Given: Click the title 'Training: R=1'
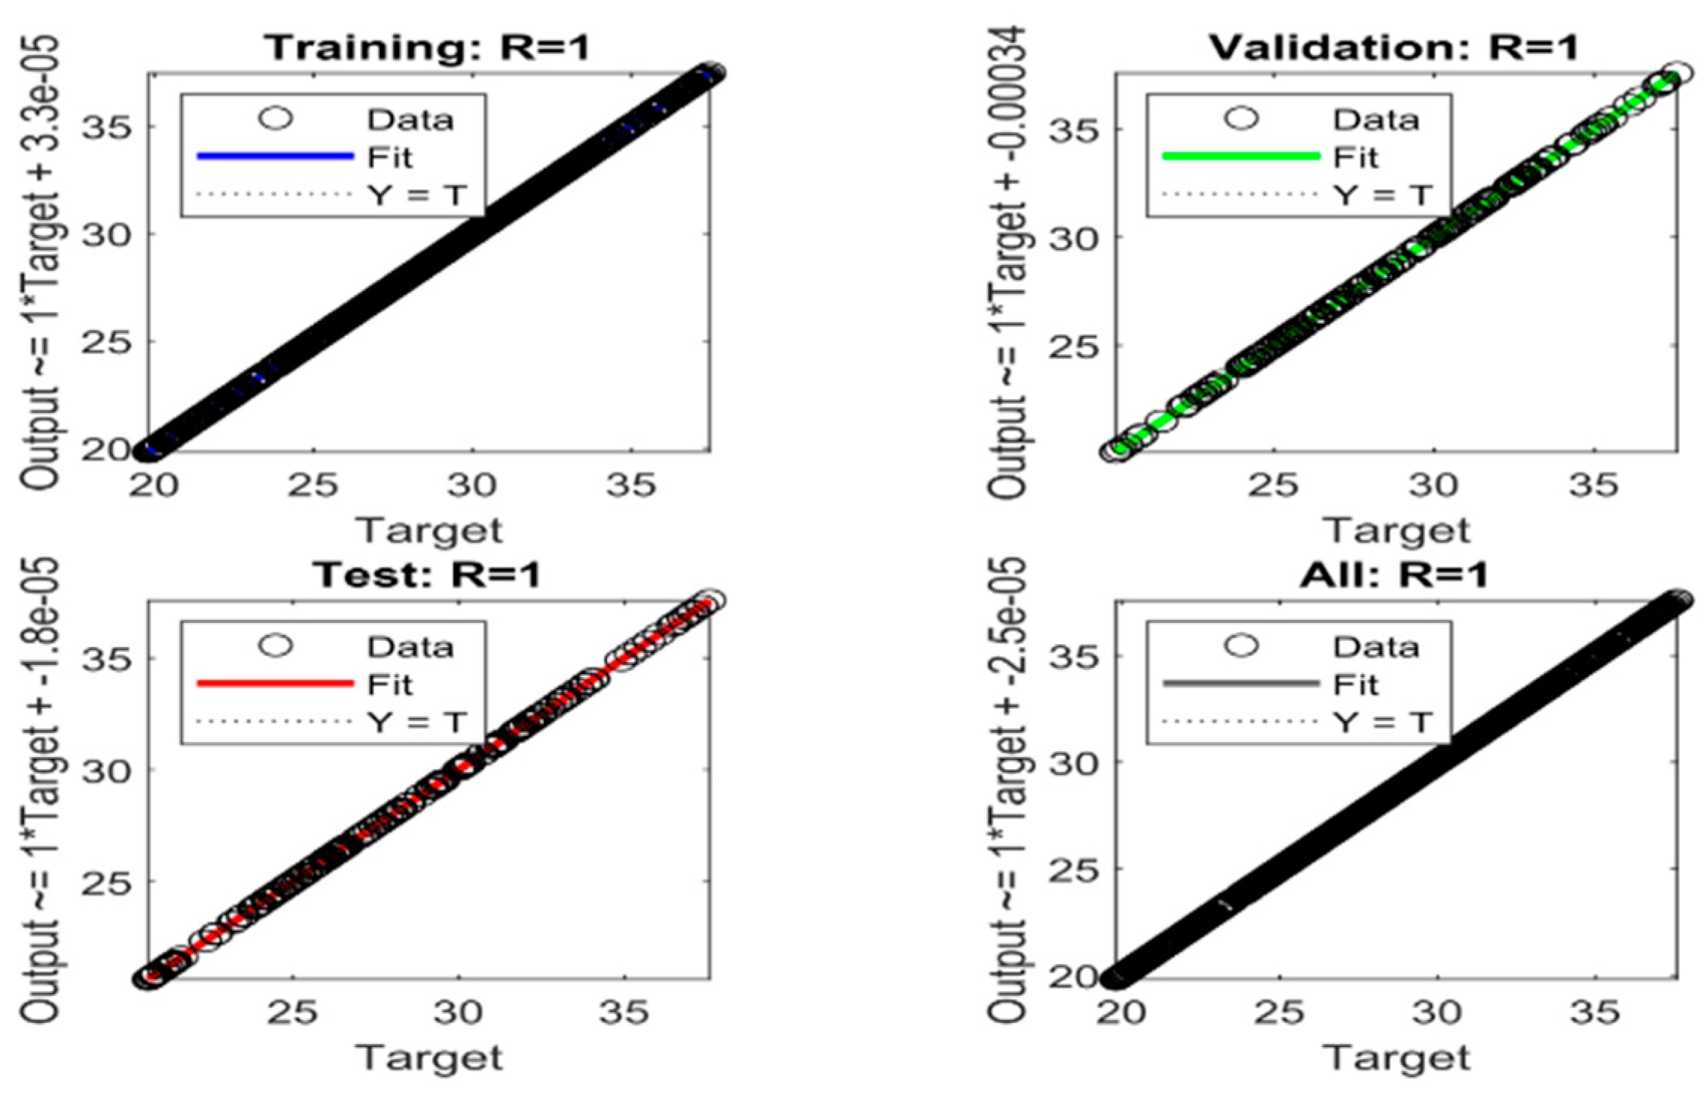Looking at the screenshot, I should (427, 48).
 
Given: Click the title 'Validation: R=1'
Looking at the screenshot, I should (1393, 48).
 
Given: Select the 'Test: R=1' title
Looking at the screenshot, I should (427, 575).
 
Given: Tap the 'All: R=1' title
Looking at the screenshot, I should (1393, 575).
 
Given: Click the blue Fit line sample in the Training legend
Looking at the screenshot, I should (275, 157).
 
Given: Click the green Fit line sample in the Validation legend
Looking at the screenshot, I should (1241, 157).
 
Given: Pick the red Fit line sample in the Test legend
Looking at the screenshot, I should (275, 684).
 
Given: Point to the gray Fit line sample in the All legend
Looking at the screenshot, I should (1241, 684).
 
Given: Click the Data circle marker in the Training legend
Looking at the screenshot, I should (275, 118).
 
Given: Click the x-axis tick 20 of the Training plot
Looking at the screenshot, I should (153, 486).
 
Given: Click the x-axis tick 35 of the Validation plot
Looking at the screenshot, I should (1593, 486).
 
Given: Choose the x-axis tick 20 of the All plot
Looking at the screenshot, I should (1120, 1013).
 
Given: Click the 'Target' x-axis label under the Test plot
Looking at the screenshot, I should (429, 1058).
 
